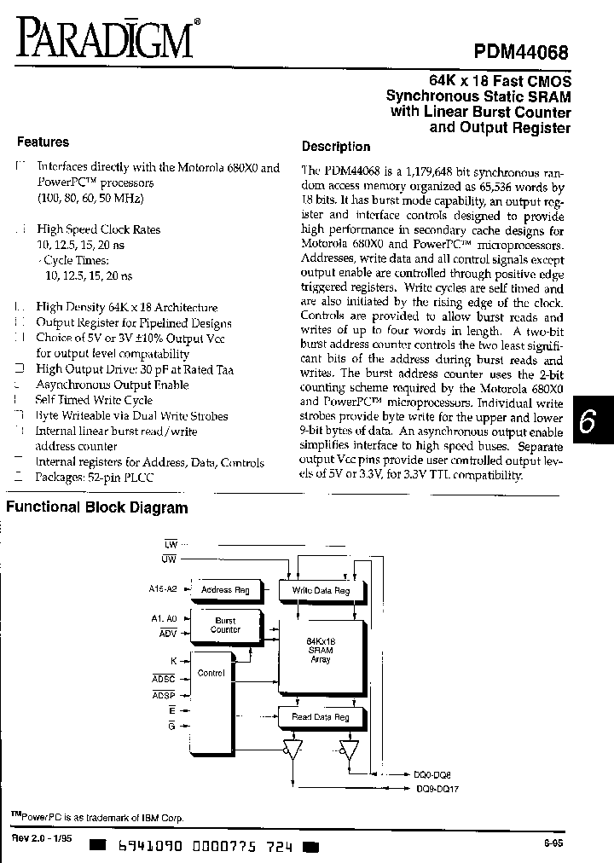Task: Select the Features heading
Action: coord(43,142)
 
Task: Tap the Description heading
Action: coord(336,147)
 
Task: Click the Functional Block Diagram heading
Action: coord(96,508)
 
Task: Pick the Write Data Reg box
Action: coord(320,589)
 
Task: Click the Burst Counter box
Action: coord(225,625)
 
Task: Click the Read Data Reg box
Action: coord(320,717)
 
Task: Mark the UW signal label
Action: coord(169,558)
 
